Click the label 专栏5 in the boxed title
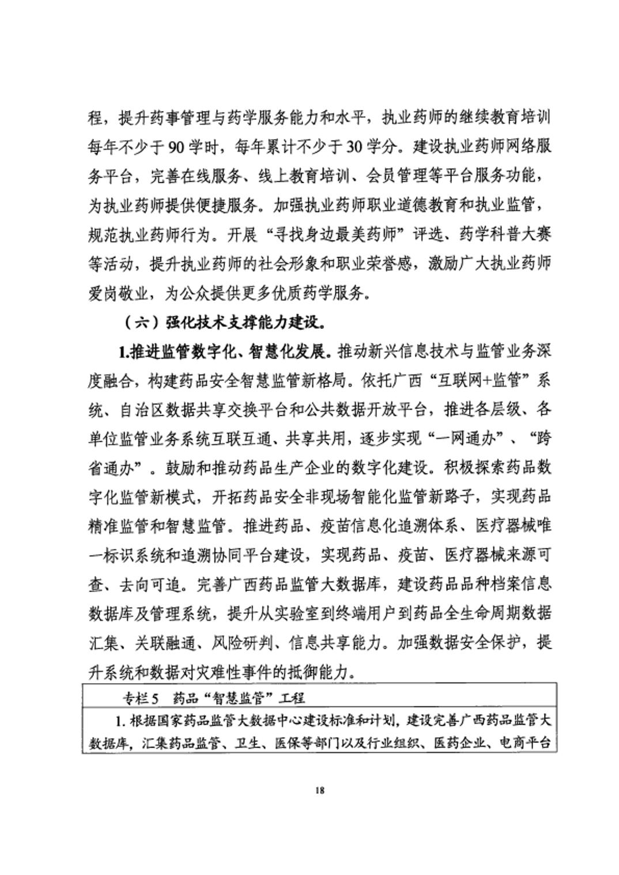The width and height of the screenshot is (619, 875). tap(140, 699)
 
